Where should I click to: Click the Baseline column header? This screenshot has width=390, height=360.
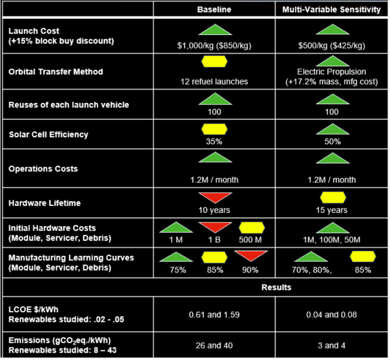(214, 10)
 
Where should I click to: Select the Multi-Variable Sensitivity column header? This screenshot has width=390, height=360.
(332, 10)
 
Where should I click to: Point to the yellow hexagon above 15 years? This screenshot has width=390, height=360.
(332, 197)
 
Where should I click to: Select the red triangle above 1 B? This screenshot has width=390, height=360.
(214, 227)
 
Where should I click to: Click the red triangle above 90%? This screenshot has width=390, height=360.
(250, 256)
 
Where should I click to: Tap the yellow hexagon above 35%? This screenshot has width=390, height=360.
(214, 129)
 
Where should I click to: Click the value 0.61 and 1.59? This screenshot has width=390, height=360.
(214, 314)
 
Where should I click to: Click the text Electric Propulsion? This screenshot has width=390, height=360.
(332, 72)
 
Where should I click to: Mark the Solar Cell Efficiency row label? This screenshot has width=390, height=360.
(48, 134)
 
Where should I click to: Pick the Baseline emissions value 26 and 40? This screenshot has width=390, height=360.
(214, 345)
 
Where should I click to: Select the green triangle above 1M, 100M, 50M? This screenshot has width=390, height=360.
(332, 228)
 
